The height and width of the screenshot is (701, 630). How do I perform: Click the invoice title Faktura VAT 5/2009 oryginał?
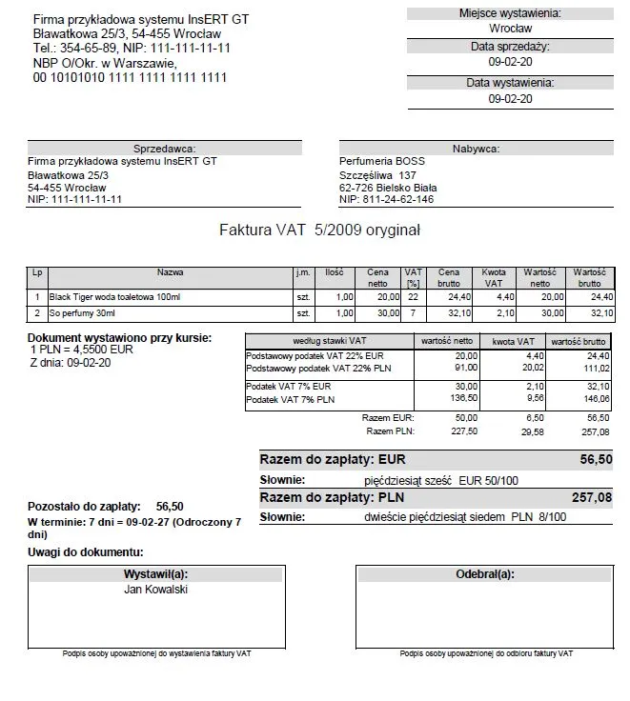point(319,230)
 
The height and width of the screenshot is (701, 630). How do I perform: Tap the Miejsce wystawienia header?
point(510,12)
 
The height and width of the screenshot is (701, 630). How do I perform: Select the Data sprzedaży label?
point(510,47)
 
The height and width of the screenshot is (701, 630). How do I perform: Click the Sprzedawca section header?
point(165,149)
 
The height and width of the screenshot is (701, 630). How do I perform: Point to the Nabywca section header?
point(476,149)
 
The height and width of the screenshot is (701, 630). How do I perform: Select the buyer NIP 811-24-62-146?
point(386,200)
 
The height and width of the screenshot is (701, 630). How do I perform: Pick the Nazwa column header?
point(171,272)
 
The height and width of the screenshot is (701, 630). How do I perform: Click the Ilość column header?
point(334,272)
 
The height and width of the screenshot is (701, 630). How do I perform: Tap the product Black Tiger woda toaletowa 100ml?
point(113,297)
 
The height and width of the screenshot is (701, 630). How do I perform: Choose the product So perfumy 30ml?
point(82,312)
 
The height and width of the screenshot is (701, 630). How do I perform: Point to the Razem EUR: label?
point(388,417)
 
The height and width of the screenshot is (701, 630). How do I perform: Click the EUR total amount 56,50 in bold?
point(597,458)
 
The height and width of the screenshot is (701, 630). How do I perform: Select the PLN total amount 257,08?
point(591,497)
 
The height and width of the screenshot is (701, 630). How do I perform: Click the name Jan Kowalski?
point(156,590)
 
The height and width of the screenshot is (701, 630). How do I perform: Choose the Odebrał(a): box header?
point(485,574)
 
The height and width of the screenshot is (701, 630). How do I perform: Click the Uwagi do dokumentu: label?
point(86,552)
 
